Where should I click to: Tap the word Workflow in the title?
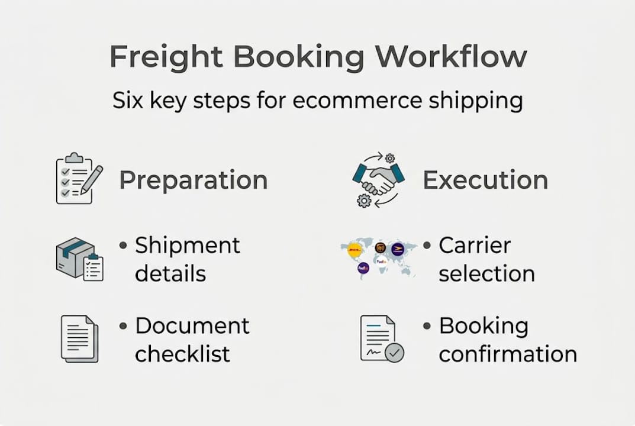point(451,57)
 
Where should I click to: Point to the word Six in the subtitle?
point(128,101)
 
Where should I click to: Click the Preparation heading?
point(193,180)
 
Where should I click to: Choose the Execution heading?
point(485,180)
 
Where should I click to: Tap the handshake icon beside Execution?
point(378,177)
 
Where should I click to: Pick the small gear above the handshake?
point(389,158)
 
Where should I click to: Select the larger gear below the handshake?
point(364,201)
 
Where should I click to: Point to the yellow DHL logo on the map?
point(354,250)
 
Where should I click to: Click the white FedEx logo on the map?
point(382,261)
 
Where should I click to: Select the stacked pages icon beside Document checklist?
point(79,338)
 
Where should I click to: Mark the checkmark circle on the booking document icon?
point(394,353)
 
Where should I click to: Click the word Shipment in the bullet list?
point(188,246)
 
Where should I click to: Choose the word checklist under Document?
point(182,354)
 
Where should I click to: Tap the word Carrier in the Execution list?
point(475,246)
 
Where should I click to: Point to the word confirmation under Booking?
point(508,354)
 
